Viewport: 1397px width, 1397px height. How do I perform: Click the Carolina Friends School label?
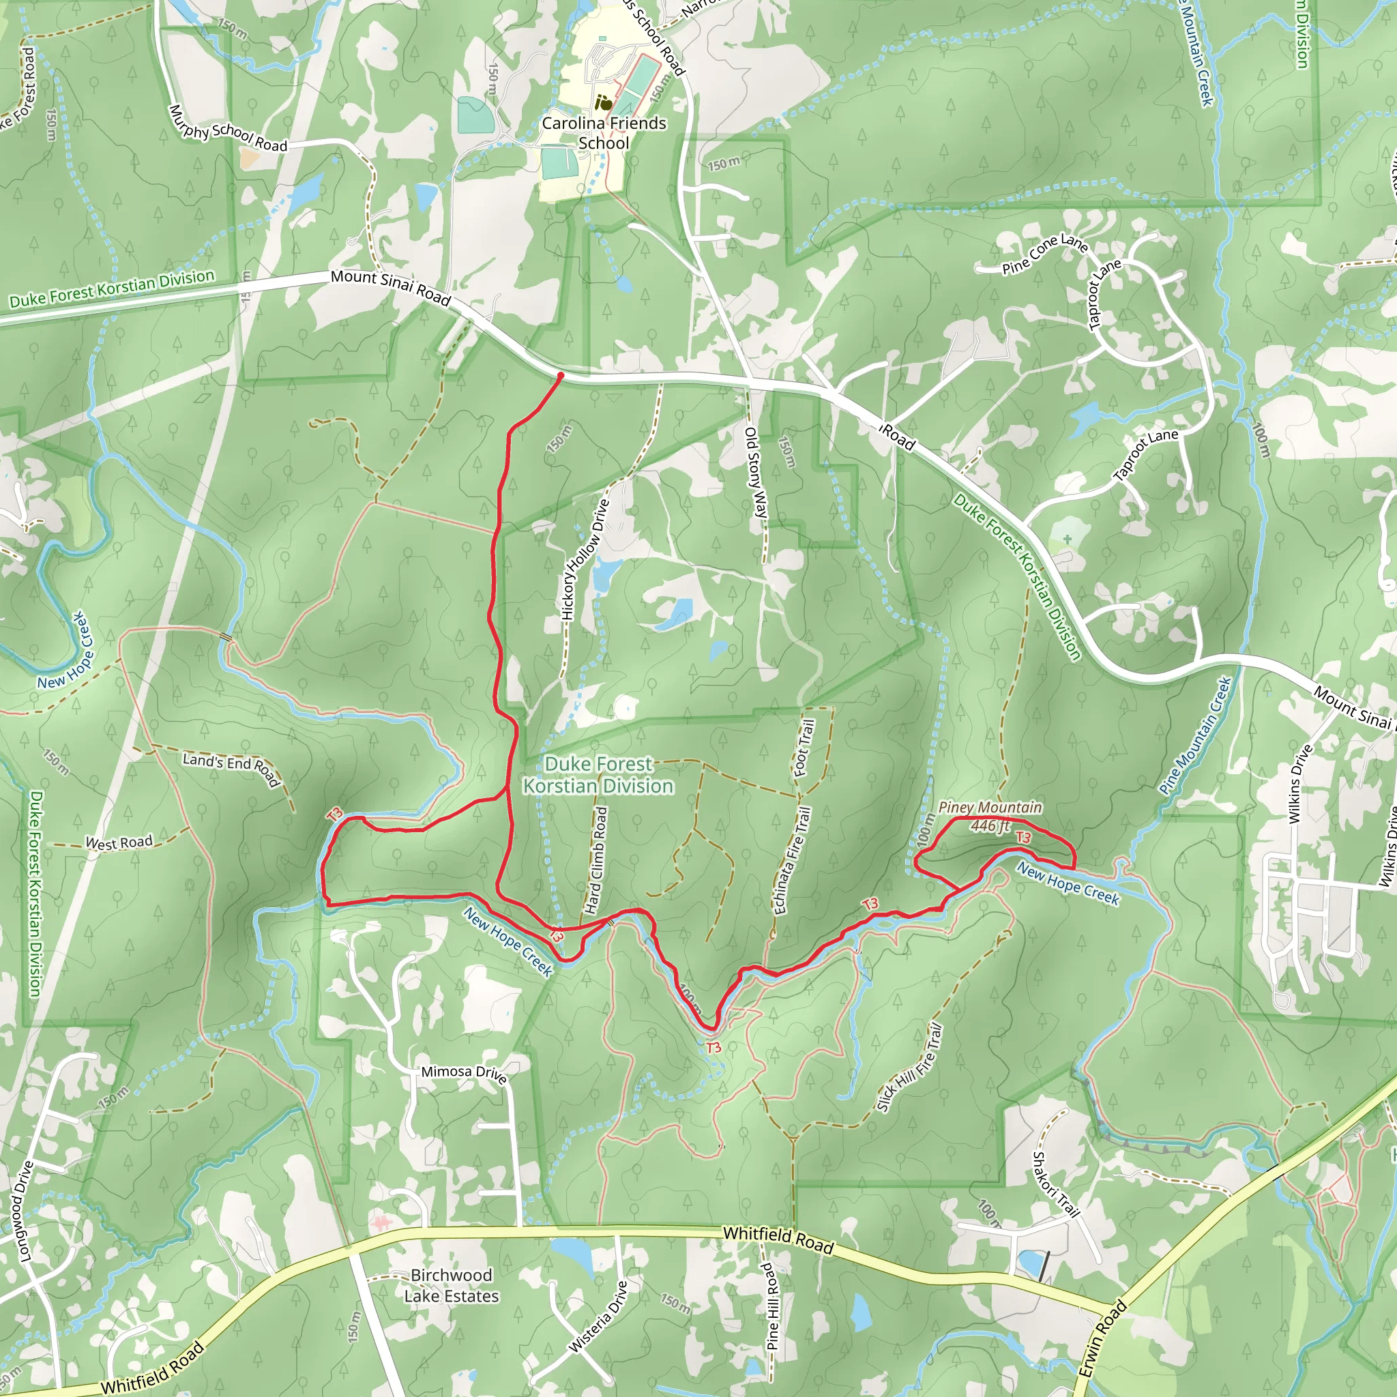604,133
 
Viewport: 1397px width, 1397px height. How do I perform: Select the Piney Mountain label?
990,808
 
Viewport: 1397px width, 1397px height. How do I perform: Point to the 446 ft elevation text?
990,825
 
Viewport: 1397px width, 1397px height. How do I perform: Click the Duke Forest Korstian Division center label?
598,775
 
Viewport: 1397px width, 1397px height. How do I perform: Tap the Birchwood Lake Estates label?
451,1286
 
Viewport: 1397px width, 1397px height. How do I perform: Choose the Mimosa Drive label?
463,1073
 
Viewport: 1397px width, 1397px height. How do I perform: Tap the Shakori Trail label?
1055,1184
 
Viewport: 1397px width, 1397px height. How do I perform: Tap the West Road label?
119,842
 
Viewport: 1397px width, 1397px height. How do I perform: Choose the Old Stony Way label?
756,473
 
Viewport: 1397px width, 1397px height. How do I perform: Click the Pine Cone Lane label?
1045,254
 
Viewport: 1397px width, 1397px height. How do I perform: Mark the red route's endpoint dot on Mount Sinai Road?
561,376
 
